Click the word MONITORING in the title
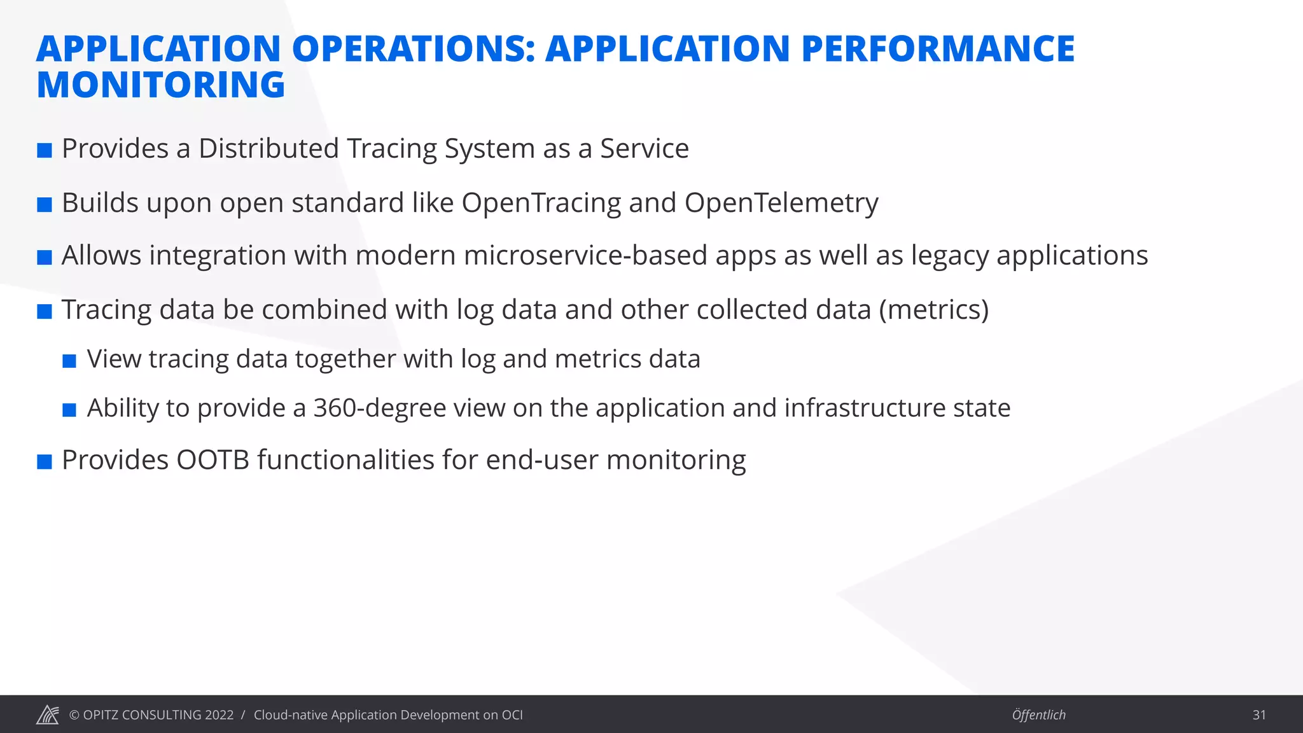pos(160,85)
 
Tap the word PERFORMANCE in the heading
pos(938,49)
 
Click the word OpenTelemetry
pos(781,203)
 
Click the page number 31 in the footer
pos(1258,715)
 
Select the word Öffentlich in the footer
pos(1038,715)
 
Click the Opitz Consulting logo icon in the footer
pos(48,715)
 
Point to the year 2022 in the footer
pos(219,715)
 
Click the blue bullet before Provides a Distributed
pos(45,151)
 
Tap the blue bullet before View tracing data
pos(69,361)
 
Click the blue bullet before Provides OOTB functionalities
pos(45,462)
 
